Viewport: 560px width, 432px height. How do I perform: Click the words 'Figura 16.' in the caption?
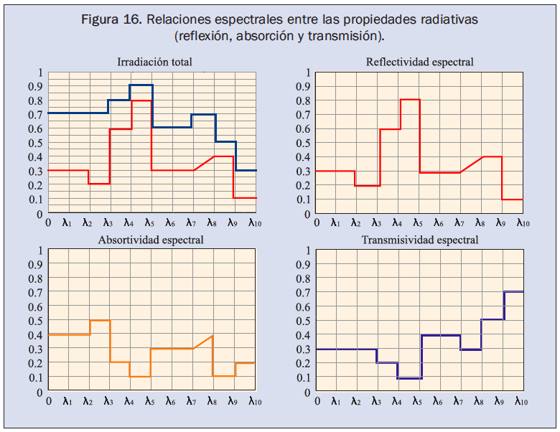111,19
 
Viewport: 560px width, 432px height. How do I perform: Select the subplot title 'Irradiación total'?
154,62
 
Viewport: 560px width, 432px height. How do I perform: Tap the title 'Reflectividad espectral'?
420,62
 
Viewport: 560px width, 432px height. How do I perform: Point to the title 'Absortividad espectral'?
151,240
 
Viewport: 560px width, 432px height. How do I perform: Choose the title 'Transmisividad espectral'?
420,240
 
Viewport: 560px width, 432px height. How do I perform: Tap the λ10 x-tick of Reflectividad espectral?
520,222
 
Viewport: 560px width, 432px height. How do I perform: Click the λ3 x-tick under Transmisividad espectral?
376,400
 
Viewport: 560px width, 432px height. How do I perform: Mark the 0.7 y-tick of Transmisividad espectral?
304,293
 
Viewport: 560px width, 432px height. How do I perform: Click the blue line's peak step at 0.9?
141,85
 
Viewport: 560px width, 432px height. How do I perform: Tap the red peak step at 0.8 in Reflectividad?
410,100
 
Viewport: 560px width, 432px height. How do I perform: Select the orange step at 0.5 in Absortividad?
100,321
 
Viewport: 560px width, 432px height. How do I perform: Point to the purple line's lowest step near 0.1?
409,378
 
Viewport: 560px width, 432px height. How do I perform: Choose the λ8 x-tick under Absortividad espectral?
213,400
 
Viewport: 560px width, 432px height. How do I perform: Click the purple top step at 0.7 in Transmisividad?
513,292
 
